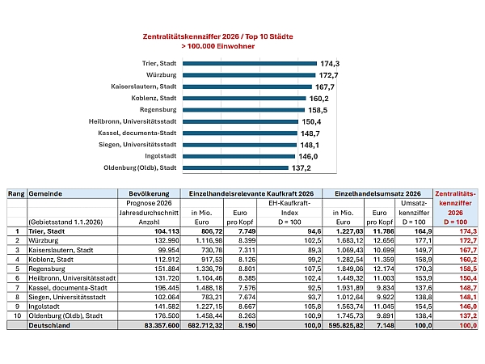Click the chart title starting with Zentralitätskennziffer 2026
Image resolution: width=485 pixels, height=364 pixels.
click(x=217, y=41)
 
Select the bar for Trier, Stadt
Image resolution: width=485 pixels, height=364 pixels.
click(x=250, y=63)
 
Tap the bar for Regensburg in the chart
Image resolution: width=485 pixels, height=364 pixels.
click(x=244, y=110)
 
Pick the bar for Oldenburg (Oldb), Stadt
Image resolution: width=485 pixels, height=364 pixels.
click(x=235, y=167)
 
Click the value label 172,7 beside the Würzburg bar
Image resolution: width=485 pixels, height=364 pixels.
click(x=328, y=75)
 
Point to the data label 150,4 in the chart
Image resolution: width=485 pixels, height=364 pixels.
click(x=311, y=121)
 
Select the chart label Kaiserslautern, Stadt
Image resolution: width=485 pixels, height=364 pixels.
click(x=144, y=87)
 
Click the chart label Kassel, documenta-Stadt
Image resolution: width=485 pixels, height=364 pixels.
click(x=137, y=133)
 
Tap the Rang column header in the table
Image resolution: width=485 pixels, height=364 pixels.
click(x=16, y=194)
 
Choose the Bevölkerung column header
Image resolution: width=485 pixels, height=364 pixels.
click(x=149, y=194)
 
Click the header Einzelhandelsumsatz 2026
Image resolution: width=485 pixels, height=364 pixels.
click(x=377, y=194)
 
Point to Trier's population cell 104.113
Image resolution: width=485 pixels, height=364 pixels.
click(x=167, y=231)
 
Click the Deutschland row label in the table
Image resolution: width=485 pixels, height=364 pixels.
click(x=49, y=325)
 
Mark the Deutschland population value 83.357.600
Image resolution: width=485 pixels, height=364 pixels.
click(x=162, y=325)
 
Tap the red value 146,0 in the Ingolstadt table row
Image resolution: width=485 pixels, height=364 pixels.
click(x=468, y=307)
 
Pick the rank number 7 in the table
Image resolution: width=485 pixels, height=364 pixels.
click(x=17, y=287)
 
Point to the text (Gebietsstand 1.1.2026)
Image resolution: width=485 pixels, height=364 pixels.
click(x=65, y=222)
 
